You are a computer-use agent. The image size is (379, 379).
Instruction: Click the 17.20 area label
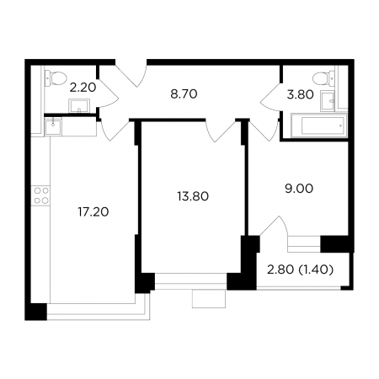point(93,212)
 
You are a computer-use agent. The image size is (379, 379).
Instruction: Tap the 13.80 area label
point(193,196)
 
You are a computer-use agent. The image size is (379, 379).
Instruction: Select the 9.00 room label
point(299,189)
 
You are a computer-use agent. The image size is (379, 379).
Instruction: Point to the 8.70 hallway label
point(184,94)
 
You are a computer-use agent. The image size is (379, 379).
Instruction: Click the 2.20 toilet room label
point(83,88)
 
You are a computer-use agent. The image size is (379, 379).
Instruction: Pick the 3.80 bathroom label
point(300,94)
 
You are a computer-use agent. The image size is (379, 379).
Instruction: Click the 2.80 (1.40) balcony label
point(300,270)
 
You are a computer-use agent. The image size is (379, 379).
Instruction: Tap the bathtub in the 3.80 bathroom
point(319,125)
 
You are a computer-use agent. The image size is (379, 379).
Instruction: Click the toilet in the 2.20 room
point(56,77)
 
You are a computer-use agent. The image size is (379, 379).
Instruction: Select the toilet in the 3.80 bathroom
point(323,78)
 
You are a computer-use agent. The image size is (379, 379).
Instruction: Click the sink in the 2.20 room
point(79,106)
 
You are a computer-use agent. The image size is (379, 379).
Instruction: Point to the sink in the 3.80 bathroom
point(328,101)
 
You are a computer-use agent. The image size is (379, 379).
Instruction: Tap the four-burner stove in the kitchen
point(41,195)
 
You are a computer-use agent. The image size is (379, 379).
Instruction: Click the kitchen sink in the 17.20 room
point(53,126)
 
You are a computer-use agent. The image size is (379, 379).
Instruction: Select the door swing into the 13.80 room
point(221,131)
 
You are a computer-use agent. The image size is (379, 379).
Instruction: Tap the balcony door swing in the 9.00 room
point(274,227)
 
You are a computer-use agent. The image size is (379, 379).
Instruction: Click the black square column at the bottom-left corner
point(36,312)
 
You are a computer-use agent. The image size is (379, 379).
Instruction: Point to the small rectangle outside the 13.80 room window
point(209,299)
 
